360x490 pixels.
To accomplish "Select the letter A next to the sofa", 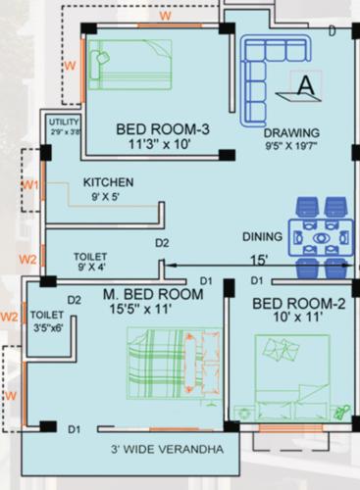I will (x=306, y=85).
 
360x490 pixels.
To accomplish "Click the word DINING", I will (x=263, y=237).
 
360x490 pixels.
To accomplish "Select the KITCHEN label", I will (x=108, y=182).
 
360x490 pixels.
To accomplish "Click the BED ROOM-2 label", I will (x=298, y=304).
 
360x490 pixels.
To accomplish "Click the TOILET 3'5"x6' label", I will (x=47, y=321).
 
